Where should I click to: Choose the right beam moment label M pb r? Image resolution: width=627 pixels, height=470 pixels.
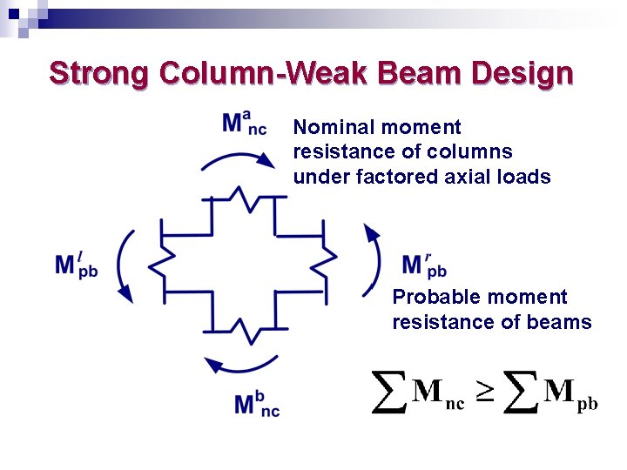[x=425, y=265]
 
